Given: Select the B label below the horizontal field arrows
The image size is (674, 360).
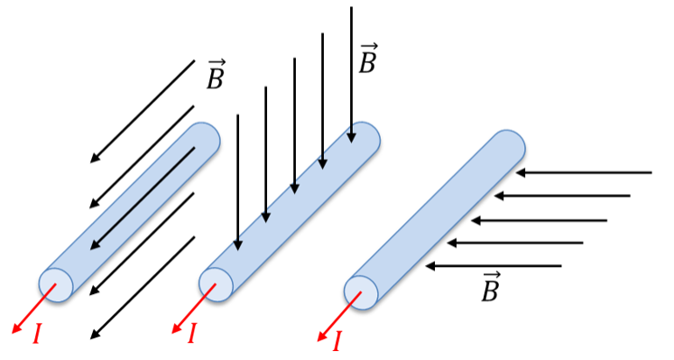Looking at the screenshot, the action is pos(491,287).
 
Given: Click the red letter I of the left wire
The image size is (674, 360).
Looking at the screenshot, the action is pos(37,334).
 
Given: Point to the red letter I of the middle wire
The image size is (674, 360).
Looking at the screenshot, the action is pos(191,333).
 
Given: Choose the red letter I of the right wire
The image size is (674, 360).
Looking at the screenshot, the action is pos(337,342).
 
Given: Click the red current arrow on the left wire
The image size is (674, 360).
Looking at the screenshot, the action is pos(33,309).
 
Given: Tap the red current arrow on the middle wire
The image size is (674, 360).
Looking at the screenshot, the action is pos(194,309).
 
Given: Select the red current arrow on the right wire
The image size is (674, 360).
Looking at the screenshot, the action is pos(339,317).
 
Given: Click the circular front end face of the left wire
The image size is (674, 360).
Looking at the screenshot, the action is pos(56,284).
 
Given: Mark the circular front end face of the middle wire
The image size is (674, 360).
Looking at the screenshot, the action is pos(216,284).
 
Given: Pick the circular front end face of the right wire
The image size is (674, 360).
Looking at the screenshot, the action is pos(361,292).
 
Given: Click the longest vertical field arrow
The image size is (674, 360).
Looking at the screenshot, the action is pos(352,75).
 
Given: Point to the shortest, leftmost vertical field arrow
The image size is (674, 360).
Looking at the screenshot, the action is pos(237,182).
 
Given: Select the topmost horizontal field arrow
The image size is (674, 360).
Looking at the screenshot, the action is pos(584,172).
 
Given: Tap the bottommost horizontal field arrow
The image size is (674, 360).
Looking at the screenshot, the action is pos(494,266).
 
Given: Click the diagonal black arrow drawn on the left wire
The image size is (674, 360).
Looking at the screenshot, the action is pos(143,198).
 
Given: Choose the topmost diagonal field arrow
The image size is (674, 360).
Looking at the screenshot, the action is pos(143,112).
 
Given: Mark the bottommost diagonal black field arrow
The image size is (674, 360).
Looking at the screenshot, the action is pos(143,288).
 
